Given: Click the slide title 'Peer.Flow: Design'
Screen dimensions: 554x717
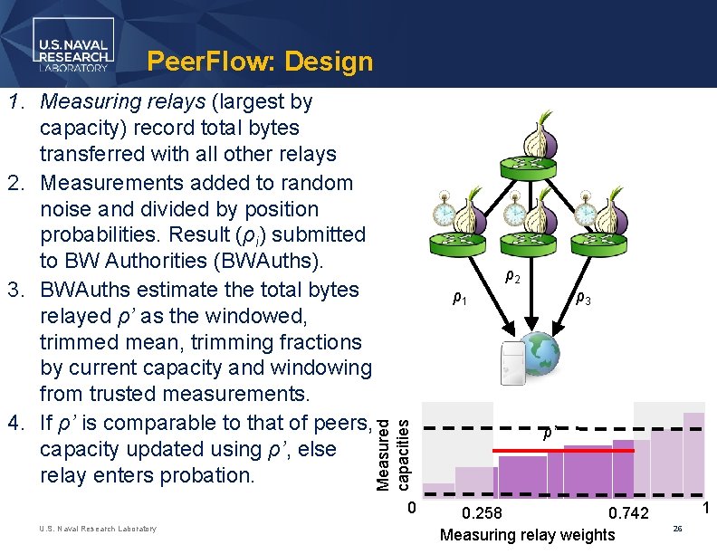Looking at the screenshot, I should [260, 62].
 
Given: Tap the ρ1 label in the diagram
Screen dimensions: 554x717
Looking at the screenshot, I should [460, 299].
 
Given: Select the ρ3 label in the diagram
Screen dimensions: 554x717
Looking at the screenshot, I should [585, 300].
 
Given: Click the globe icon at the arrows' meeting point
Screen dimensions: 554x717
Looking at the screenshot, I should [540, 354].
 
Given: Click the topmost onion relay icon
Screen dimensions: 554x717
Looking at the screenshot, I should [543, 140].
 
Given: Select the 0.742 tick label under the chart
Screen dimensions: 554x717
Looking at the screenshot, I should [628, 514].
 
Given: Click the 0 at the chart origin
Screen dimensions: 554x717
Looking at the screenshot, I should [411, 508].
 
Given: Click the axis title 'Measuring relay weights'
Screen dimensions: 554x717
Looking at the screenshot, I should [527, 535].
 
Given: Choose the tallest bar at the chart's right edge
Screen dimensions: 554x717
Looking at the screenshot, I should [693, 454].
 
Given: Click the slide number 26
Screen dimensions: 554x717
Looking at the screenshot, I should [678, 527].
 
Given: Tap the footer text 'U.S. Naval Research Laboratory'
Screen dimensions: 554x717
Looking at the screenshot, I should [98, 529].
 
